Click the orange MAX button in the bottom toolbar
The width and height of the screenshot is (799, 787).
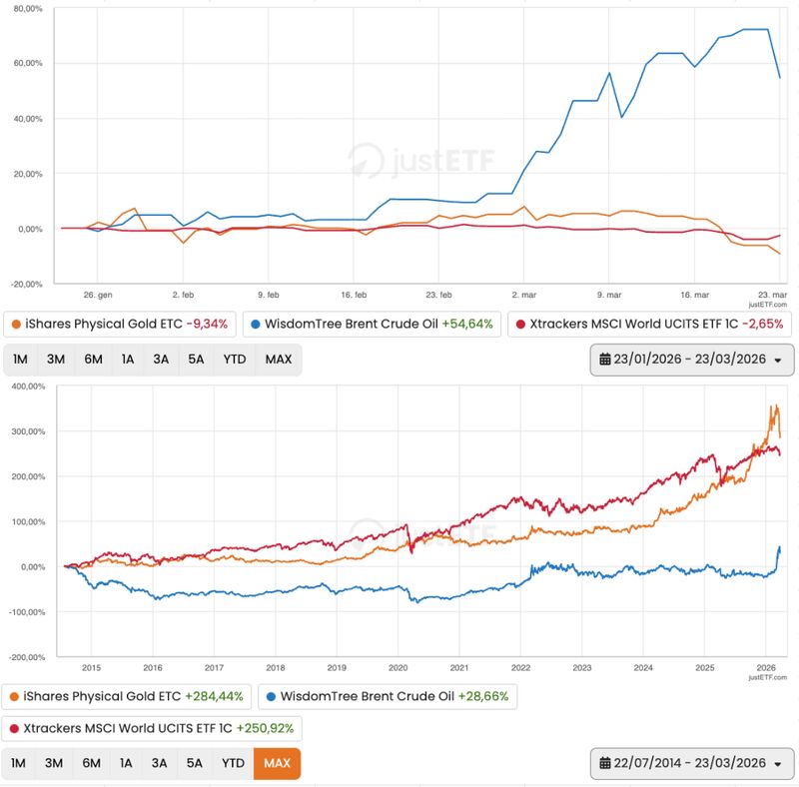tap(277, 763)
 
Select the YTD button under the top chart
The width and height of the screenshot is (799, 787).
tap(234, 359)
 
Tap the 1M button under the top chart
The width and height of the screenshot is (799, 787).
tap(20, 359)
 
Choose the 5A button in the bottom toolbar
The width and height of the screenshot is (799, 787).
tap(194, 763)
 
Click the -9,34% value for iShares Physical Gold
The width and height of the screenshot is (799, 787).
tap(207, 324)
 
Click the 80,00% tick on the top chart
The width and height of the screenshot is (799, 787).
tap(22, 8)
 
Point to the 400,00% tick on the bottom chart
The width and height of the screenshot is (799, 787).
tap(25, 386)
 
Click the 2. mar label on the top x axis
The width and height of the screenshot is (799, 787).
tap(523, 296)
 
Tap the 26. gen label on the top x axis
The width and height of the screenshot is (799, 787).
tap(97, 296)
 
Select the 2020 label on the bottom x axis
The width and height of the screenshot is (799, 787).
tap(397, 668)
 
